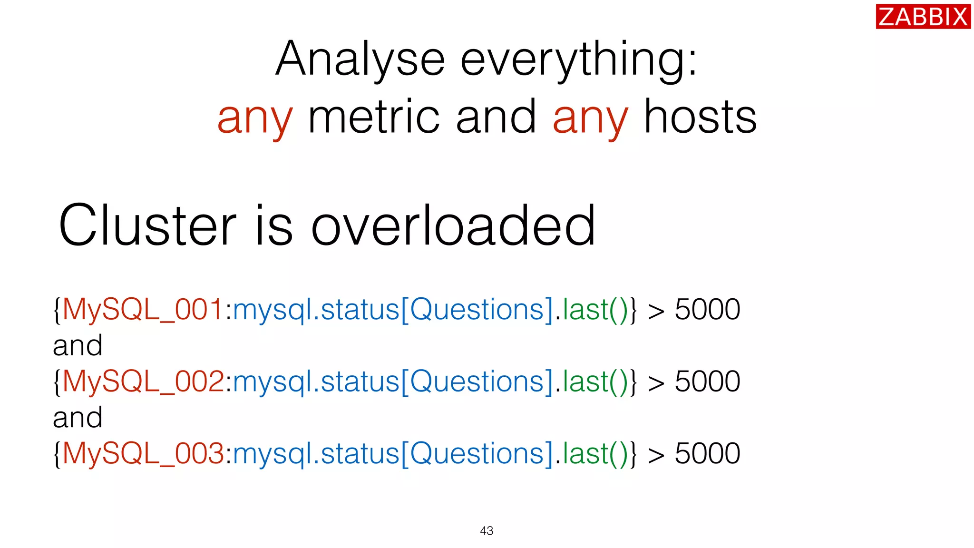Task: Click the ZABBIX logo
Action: (x=923, y=17)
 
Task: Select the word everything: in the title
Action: (x=578, y=60)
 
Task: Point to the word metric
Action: (x=374, y=117)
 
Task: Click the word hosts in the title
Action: (x=700, y=117)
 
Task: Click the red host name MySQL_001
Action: (x=143, y=310)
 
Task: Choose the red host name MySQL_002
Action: (x=143, y=382)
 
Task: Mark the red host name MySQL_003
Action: (x=143, y=454)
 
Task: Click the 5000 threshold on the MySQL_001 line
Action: (x=707, y=310)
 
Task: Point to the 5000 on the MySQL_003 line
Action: (x=707, y=453)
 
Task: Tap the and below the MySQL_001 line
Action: (x=78, y=346)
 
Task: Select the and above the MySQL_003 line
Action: (x=78, y=418)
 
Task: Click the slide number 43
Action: (x=487, y=531)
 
